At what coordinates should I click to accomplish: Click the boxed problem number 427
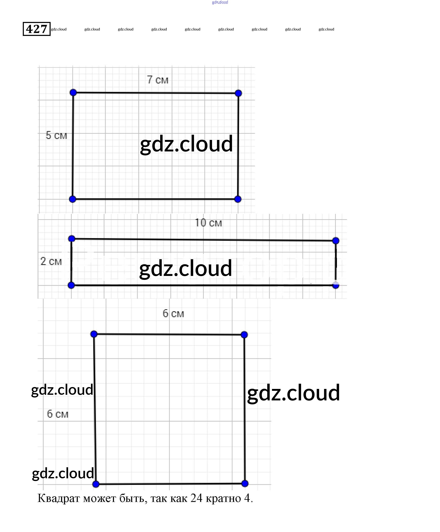click(x=37, y=29)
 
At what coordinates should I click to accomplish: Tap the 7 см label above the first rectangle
click(x=157, y=80)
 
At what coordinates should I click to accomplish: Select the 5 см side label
click(x=56, y=135)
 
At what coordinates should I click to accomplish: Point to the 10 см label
click(x=208, y=223)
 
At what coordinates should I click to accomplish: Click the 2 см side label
click(x=51, y=261)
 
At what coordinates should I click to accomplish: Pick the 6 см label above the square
click(x=173, y=314)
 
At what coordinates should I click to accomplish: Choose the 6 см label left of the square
click(x=58, y=414)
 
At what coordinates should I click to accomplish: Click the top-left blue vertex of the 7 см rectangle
click(x=73, y=93)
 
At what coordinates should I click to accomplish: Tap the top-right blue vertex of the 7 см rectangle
click(x=238, y=93)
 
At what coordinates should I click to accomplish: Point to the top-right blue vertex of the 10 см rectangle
click(x=336, y=241)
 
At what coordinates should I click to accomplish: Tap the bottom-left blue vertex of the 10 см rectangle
click(x=72, y=286)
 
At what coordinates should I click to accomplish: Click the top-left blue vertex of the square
click(x=94, y=334)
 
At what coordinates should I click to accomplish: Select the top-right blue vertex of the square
click(x=244, y=335)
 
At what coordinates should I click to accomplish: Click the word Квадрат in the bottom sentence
click(x=59, y=498)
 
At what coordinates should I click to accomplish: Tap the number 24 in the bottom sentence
click(x=196, y=498)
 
